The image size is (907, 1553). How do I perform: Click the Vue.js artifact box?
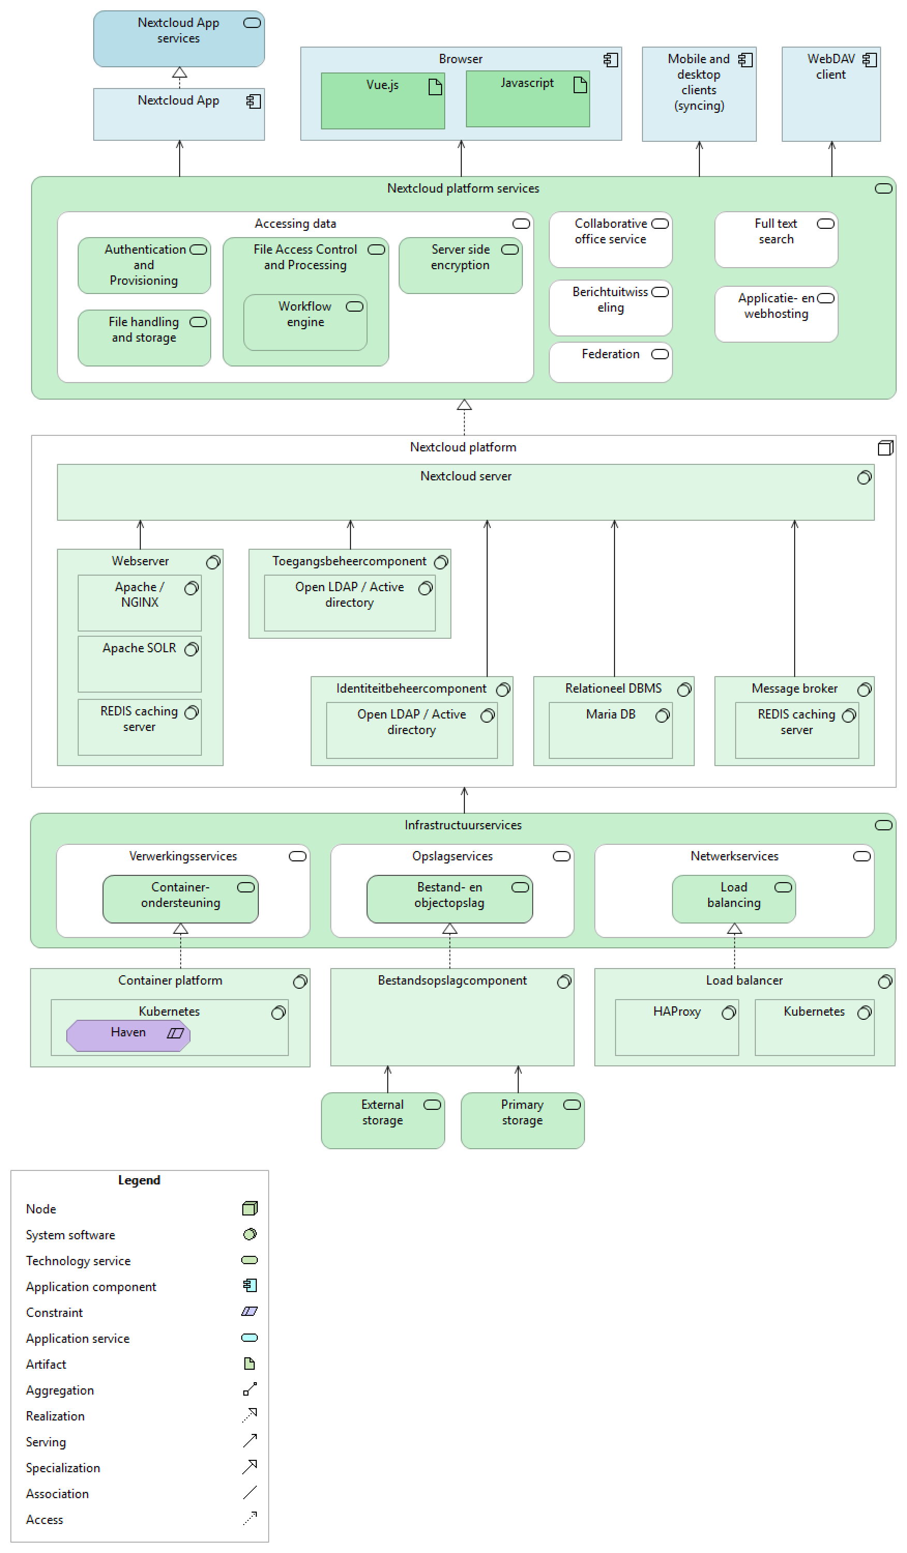pos(382,101)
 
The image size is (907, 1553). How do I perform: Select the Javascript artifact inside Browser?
pos(528,100)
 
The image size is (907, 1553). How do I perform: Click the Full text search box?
pos(776,240)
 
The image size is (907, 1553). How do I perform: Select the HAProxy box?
pos(677,1028)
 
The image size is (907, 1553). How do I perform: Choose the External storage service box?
pos(383,1121)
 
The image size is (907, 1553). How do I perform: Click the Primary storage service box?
pos(522,1121)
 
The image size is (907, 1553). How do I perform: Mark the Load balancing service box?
pos(733,899)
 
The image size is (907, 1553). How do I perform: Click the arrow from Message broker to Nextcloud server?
pos(794,598)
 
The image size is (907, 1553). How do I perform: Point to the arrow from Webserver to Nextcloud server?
pos(140,534)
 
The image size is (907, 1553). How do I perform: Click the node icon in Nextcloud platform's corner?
pos(885,448)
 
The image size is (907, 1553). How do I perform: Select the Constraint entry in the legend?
pos(54,1313)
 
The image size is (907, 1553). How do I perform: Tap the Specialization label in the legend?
pos(63,1468)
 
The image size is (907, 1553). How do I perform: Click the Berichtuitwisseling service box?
pos(610,308)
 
